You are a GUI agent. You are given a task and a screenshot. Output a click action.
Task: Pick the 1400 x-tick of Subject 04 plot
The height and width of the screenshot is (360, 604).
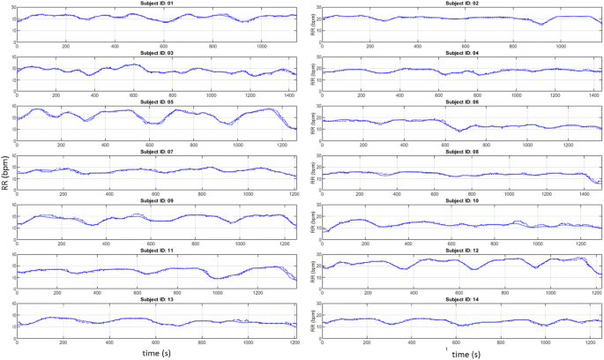[592, 94]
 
